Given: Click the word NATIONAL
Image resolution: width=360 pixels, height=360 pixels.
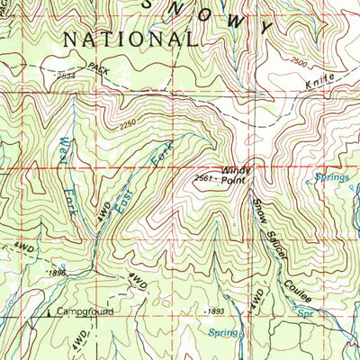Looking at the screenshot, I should point(130,40).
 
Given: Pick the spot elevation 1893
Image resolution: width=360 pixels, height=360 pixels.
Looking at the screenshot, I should point(214,311).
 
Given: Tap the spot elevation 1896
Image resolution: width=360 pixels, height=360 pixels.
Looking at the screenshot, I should point(58,273).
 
